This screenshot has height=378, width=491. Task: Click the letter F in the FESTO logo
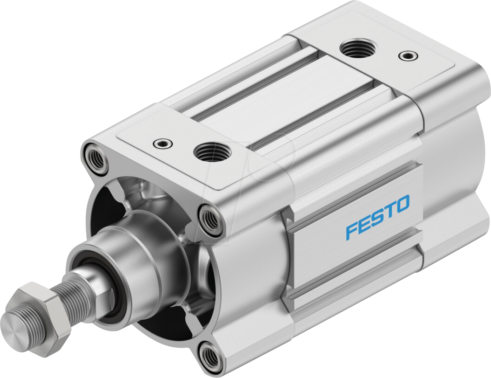coord(352,231)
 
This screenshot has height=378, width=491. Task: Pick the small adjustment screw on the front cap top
coord(162,142)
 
